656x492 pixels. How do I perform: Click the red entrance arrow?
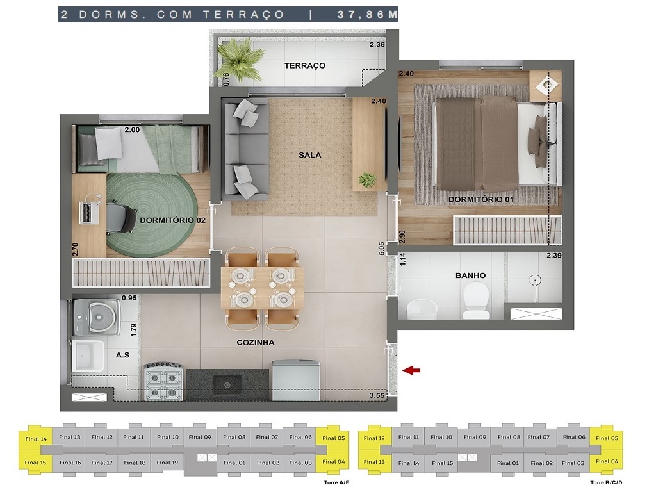point(411,370)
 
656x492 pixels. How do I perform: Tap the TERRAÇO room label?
point(305,65)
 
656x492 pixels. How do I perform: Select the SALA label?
point(309,155)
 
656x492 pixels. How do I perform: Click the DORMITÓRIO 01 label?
point(481,200)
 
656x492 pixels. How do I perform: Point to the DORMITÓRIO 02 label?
point(172,220)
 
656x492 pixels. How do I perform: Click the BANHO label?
point(470,275)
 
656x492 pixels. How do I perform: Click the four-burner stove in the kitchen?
point(164,382)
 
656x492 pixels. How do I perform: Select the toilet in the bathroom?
point(475,301)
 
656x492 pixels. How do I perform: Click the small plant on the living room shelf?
point(368,179)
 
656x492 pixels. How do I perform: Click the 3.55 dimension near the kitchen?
point(378,396)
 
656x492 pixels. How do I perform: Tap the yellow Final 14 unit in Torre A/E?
point(36,439)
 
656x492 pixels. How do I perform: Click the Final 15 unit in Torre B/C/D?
point(441,463)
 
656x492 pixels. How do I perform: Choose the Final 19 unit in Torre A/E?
point(167,463)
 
